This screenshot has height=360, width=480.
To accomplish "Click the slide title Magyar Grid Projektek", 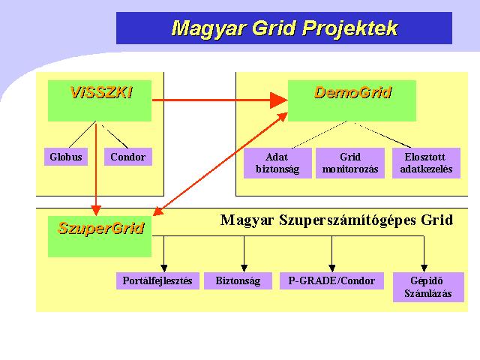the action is click(x=284, y=28).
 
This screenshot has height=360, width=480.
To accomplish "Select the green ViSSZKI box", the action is click(x=100, y=100).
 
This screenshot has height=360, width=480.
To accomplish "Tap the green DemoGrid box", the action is click(x=352, y=100).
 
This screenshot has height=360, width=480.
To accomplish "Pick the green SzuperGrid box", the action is click(x=100, y=236).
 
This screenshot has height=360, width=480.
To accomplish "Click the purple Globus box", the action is click(x=66, y=157).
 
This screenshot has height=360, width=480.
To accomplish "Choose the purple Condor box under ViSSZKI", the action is click(x=128, y=157).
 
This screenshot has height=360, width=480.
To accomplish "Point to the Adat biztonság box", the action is click(x=277, y=163).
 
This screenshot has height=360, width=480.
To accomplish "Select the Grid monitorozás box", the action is click(x=350, y=163).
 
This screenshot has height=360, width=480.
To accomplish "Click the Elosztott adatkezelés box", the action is click(x=426, y=163).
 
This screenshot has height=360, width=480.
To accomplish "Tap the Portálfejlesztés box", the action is click(x=157, y=280).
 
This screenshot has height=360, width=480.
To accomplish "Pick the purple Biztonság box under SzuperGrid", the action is click(x=238, y=280).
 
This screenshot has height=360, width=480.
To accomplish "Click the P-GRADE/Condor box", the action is click(x=331, y=280).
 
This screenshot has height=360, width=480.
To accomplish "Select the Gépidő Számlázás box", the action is click(x=428, y=287).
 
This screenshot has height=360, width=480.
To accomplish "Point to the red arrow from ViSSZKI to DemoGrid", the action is click(x=220, y=100).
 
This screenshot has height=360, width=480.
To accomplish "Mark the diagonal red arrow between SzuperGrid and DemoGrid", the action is click(x=220, y=164).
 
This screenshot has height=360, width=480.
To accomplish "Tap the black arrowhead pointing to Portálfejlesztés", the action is click(x=164, y=268).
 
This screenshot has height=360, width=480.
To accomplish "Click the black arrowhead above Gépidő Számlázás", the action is click(x=424, y=268).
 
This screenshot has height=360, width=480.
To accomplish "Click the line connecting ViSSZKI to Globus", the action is click(x=82, y=134).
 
